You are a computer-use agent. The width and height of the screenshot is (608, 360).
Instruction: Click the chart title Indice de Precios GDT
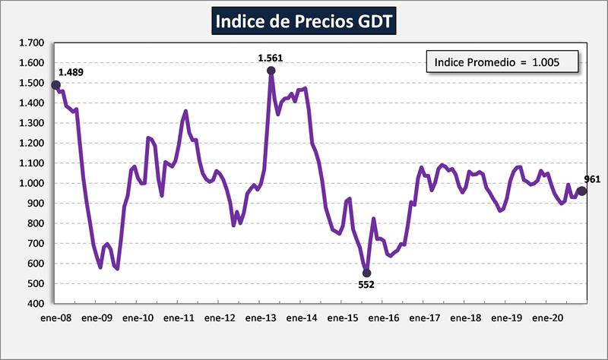[304, 21]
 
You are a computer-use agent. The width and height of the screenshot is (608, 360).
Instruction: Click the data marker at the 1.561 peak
[271, 71]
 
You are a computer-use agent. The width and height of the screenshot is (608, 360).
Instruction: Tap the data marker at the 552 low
[366, 273]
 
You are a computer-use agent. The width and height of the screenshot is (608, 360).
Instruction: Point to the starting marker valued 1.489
[55, 85]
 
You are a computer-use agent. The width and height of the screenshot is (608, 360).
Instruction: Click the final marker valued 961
[582, 191]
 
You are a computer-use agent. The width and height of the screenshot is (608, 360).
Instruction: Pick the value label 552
[366, 286]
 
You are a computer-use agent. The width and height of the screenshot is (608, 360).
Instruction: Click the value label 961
[593, 179]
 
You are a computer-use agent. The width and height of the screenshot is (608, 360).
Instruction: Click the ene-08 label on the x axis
[55, 317]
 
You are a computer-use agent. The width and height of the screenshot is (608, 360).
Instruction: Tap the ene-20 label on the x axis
[546, 317]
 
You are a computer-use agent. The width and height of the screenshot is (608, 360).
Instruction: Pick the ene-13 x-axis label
[260, 317]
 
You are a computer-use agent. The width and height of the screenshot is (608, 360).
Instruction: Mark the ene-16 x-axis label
[383, 317]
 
